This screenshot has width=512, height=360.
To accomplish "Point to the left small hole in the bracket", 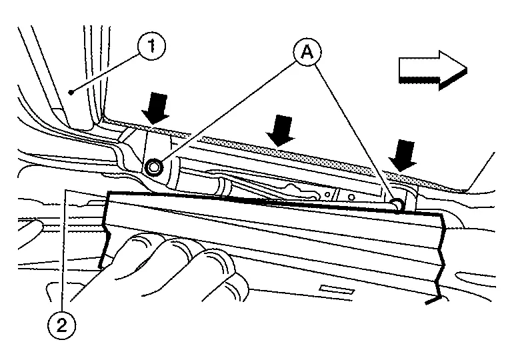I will click(x=328, y=195).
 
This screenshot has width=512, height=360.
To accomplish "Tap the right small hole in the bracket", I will click(x=351, y=196).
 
